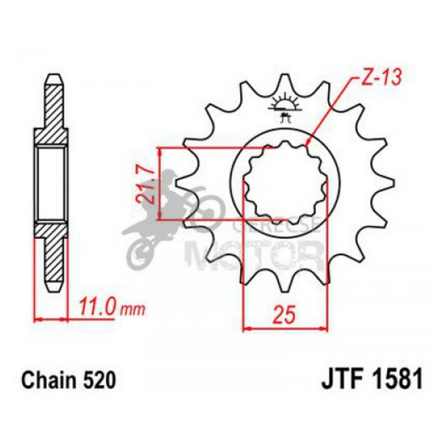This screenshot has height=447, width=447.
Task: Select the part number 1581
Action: (x=395, y=381)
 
